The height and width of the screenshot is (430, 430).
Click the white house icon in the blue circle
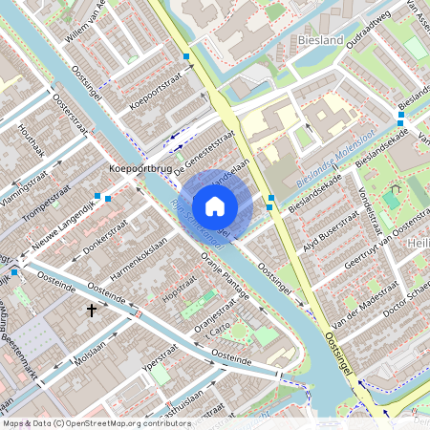215,205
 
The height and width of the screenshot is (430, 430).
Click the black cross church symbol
93,311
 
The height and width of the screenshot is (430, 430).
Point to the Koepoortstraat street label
154,97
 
